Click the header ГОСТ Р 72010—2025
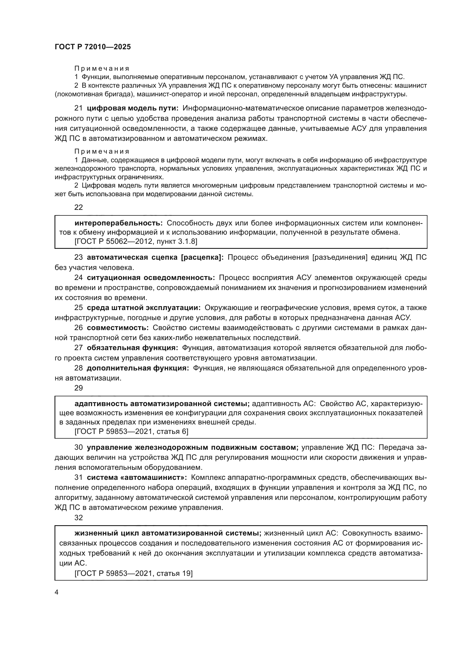point(93,47)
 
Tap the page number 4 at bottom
point(56,592)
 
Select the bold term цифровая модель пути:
point(133,108)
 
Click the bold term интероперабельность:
point(118,223)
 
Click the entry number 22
point(78,207)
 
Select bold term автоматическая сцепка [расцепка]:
point(155,257)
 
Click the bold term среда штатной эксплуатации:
point(144,308)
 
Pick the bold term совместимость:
point(118,328)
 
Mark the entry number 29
point(78,388)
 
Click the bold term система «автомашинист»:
point(137,477)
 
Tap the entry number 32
point(78,517)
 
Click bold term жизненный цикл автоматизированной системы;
point(168,533)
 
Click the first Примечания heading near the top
point(102,68)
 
